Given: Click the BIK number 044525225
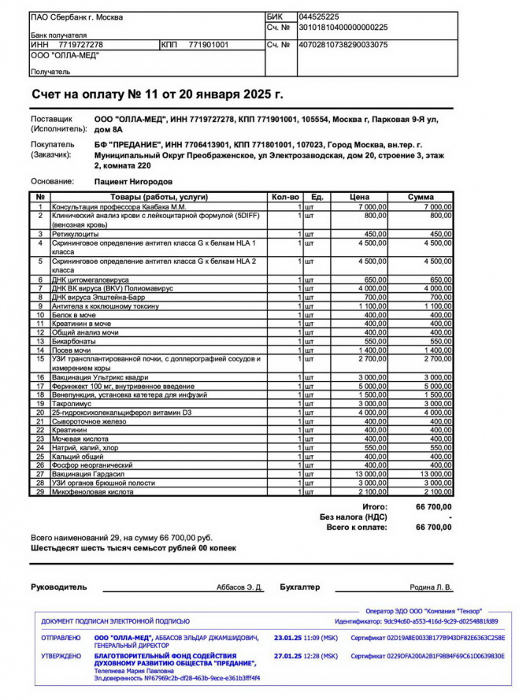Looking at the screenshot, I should tap(321, 17).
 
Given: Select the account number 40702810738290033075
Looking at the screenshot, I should tap(343, 45).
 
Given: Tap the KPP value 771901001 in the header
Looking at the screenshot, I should tap(209, 45).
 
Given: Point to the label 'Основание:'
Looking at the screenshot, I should tap(52, 181).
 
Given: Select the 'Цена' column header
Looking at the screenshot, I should tap(359, 196).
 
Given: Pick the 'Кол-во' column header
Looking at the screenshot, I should tap(285, 196).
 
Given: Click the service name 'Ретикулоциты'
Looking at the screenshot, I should tap(76, 234).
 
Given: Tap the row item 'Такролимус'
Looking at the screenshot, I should tap(72, 402).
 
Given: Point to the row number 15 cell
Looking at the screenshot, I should tap(39, 358).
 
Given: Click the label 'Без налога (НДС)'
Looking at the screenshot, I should tap(353, 517).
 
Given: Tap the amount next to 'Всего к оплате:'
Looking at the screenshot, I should tap(433, 527).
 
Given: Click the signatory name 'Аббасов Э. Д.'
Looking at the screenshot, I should tap(239, 587).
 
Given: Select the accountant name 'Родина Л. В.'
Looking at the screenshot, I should tap(431, 587).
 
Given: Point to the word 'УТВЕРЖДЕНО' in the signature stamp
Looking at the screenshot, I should tap(61, 655).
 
